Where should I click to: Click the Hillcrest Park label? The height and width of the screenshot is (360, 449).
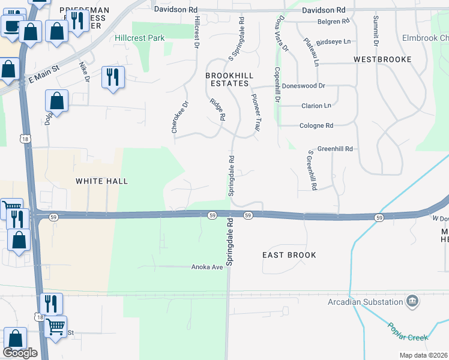pyautogui.click(x=140, y=38)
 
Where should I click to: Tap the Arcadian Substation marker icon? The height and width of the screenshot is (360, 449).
pyautogui.click(x=412, y=301)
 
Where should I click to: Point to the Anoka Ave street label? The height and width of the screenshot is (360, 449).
pyautogui.click(x=207, y=267)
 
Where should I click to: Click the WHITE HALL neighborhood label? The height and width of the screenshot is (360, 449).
pyautogui.click(x=102, y=181)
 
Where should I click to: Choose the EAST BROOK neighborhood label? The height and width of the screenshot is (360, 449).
pyautogui.click(x=289, y=255)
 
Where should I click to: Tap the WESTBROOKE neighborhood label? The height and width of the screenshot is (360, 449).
pyautogui.click(x=382, y=59)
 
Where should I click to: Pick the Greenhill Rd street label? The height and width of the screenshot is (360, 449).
pyautogui.click(x=334, y=148)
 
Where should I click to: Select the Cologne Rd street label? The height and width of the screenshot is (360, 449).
pyautogui.click(x=316, y=126)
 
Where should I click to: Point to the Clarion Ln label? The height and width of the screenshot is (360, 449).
pyautogui.click(x=315, y=106)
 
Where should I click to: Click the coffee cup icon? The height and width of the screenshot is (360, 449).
pyautogui.click(x=11, y=25)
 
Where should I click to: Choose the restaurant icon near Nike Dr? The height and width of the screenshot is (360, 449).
pyautogui.click(x=112, y=77)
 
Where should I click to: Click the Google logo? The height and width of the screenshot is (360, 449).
pyautogui.click(x=20, y=353)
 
